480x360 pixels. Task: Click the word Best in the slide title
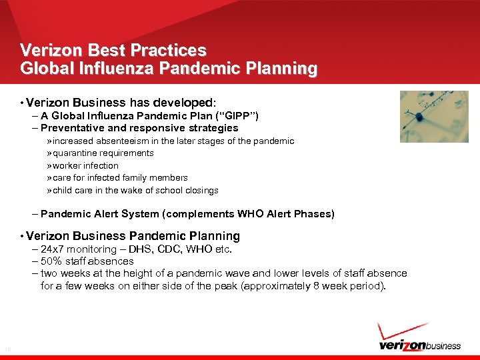(x=90, y=50)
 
